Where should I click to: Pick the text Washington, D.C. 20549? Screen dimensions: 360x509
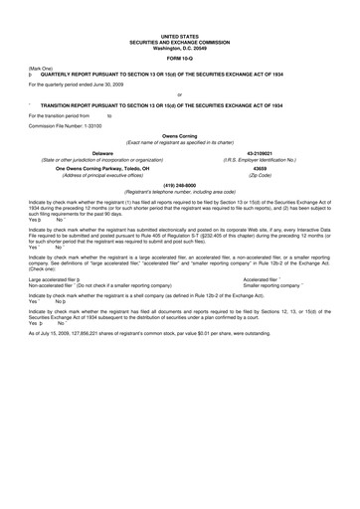pos(181,48)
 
